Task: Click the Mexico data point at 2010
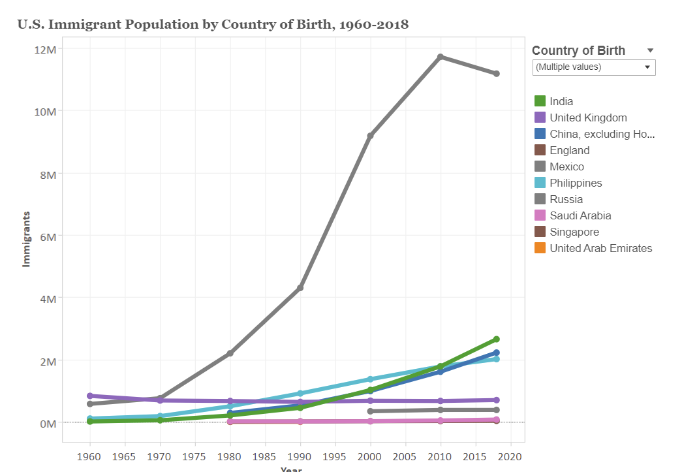coord(441,57)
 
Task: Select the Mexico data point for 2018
coord(497,74)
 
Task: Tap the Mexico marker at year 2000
coord(371,136)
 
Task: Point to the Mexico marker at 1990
coord(300,288)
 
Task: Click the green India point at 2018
coord(497,339)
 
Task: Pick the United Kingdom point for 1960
coord(90,396)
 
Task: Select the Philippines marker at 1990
coord(300,394)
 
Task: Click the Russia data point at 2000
coord(371,411)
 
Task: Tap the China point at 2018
coord(497,353)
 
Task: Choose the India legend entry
coord(561,101)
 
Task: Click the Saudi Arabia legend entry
coord(580,215)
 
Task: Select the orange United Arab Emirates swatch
coord(540,248)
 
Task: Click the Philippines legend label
coord(576,183)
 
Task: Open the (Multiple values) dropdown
coord(593,67)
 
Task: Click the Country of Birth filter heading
coord(578,51)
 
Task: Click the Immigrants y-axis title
coord(27,238)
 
